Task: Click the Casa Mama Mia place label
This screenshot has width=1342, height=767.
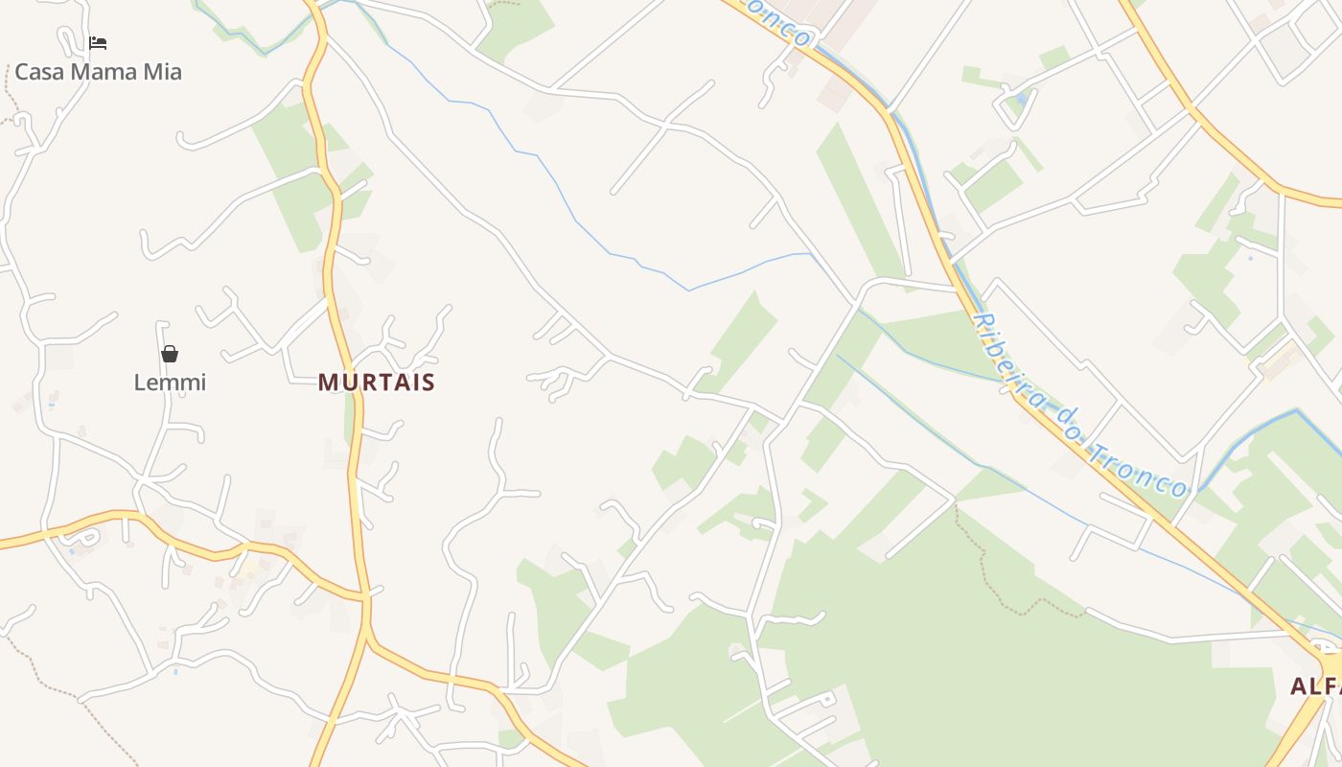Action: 98,72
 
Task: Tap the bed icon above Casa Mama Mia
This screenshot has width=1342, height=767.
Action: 98,43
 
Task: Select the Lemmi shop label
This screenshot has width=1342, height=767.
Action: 170,383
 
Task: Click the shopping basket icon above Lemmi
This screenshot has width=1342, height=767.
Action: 170,354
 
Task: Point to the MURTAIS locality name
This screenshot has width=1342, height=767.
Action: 377,383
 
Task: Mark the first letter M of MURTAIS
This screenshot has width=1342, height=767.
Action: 327,383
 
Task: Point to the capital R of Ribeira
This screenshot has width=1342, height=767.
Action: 981,321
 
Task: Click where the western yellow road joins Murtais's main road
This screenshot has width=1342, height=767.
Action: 365,597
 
